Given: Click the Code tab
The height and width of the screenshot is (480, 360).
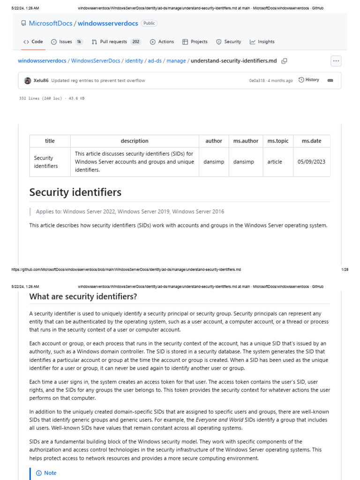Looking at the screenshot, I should (x=33, y=42).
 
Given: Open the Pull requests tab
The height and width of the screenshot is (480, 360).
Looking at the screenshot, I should (x=113, y=42).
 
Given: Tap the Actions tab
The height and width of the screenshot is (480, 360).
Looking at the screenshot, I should (x=162, y=42).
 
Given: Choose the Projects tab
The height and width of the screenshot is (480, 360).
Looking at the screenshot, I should (x=195, y=42).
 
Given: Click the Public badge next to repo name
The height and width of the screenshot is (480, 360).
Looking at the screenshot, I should (x=149, y=23).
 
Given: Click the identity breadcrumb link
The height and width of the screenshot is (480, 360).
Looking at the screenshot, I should (x=134, y=61).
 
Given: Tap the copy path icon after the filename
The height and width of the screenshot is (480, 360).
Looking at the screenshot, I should (x=284, y=61).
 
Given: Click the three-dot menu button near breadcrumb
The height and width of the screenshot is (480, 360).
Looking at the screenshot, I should (x=336, y=61).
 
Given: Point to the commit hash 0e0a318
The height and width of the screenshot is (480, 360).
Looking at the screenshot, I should (x=256, y=81).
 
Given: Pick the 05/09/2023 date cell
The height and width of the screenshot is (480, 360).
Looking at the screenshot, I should (x=311, y=162).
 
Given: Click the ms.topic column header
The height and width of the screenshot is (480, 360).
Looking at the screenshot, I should (x=277, y=141).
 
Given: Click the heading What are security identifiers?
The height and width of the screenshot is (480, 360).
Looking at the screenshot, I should (x=83, y=297).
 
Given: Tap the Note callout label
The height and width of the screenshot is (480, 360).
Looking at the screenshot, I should (x=50, y=473).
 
